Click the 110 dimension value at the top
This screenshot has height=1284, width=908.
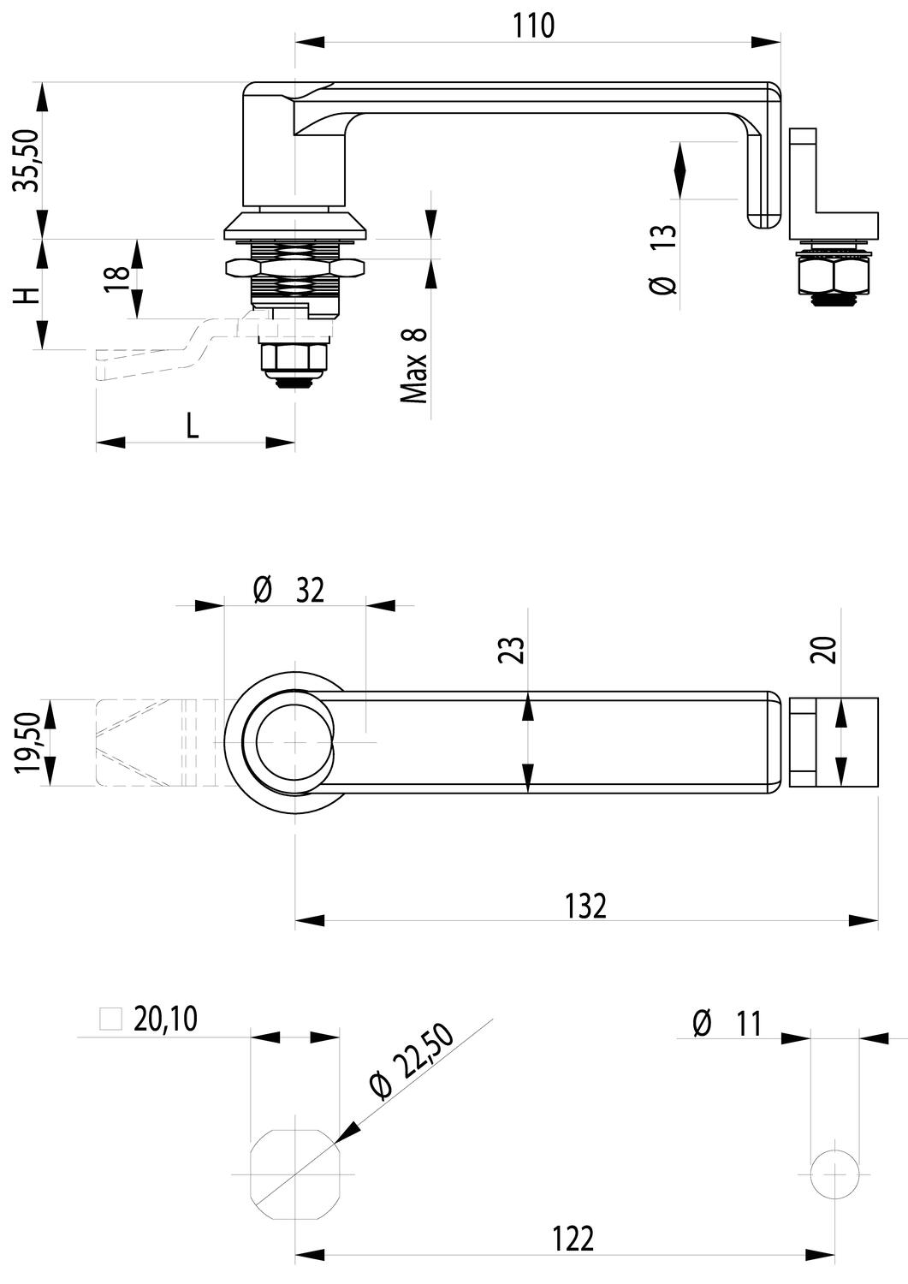coord(534,26)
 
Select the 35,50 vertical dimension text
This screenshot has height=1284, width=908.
coord(27,160)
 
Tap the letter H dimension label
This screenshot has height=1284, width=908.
coord(27,295)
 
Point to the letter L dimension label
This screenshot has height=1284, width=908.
coord(193,425)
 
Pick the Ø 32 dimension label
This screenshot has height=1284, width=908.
coord(290,590)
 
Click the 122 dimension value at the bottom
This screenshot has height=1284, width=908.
coord(572,1238)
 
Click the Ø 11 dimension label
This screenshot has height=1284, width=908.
coord(727,1024)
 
